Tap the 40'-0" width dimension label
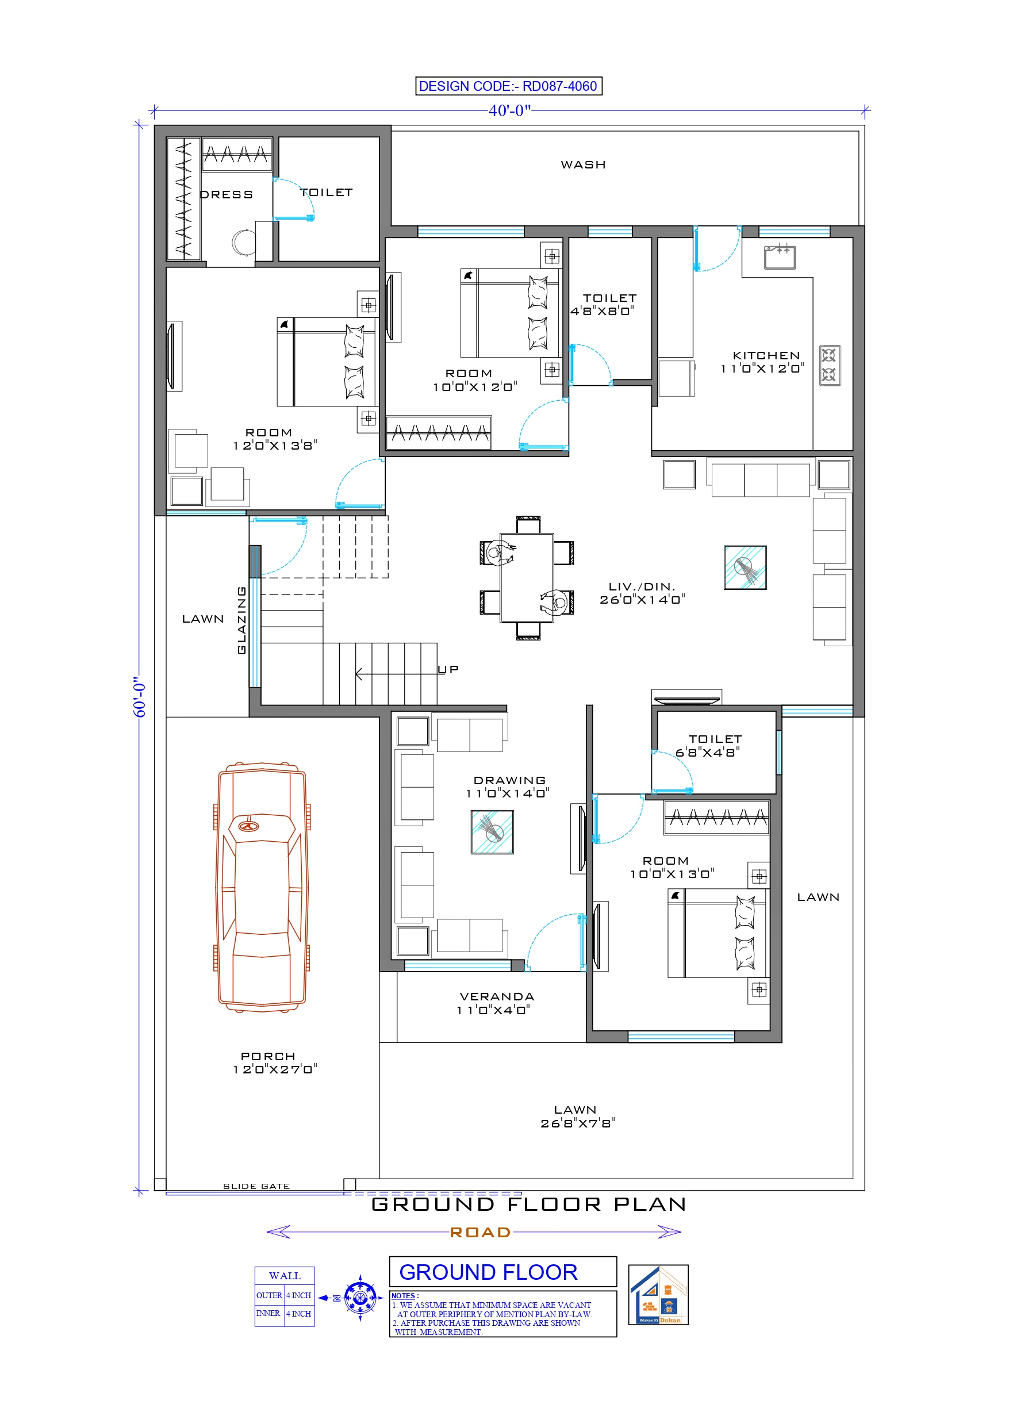coord(509,110)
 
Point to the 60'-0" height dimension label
coord(139,697)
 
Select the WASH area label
coord(582,164)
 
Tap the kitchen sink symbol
coord(780,256)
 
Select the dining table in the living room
coord(527,577)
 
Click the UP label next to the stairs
coord(448,669)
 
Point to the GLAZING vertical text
coord(242,620)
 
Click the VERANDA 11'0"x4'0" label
coord(496,1003)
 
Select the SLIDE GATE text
coord(256,1186)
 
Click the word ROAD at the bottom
coord(480,1232)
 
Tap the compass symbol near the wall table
coord(360,1298)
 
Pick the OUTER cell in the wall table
coord(269,1295)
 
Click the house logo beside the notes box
coord(658,1295)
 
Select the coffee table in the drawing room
coord(492,831)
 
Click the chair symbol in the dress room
coord(243,242)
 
